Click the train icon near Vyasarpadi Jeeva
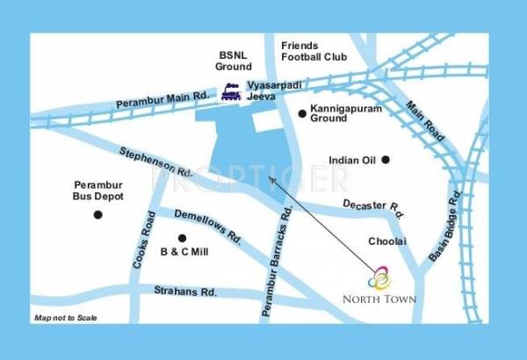[232, 90]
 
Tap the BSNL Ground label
[234, 60]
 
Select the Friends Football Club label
[314, 51]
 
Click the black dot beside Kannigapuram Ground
[301, 113]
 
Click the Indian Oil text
[351, 161]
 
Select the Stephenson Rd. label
[157, 162]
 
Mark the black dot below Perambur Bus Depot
[97, 214]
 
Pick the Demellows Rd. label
[207, 226]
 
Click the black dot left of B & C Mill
[183, 238]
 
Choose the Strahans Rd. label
[185, 291]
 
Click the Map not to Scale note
[66, 317]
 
